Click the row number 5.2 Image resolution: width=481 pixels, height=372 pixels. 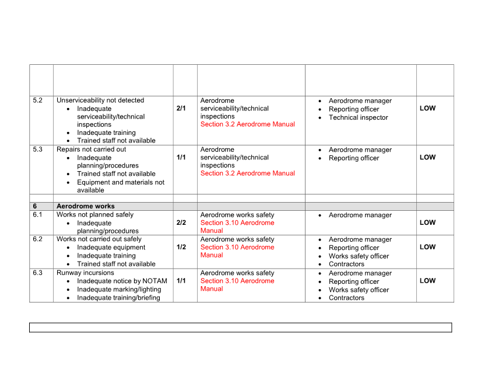(x=38, y=100)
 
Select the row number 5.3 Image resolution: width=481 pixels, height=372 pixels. (x=38, y=150)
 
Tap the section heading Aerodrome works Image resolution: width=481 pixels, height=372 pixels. (x=85, y=206)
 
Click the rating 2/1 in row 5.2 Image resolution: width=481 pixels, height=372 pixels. (x=181, y=109)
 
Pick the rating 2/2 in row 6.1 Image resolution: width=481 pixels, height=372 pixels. (x=181, y=222)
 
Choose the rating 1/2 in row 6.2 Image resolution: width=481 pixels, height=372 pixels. (x=181, y=247)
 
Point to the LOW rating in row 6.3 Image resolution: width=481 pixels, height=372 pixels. (x=427, y=281)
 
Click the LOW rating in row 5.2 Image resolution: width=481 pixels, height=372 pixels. (x=427, y=109)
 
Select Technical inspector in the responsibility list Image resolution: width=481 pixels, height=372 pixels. (x=358, y=117)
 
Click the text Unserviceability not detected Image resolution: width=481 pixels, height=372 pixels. (x=100, y=100)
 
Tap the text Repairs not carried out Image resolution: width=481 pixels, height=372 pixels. (x=91, y=150)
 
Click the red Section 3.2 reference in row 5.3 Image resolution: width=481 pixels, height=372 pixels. (x=248, y=173)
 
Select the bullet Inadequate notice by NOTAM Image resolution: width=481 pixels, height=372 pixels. (x=122, y=281)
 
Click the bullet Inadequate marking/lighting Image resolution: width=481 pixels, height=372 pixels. (x=119, y=290)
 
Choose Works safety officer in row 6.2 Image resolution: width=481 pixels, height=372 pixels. (x=359, y=256)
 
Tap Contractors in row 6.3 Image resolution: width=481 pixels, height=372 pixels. (x=346, y=298)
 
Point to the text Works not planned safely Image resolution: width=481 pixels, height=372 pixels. (x=95, y=215)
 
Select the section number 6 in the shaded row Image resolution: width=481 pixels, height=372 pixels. (x=35, y=206)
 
